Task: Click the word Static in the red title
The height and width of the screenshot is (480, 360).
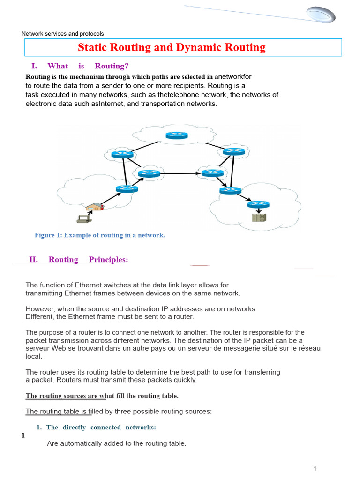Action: pyautogui.click(x=93, y=47)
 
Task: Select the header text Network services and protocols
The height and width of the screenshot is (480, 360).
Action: pyautogui.click(x=63, y=34)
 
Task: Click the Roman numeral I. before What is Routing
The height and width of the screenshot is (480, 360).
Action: pyautogui.click(x=34, y=66)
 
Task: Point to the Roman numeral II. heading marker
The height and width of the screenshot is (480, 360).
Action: pyautogui.click(x=33, y=259)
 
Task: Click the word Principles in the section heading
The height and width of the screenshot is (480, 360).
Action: pyautogui.click(x=108, y=259)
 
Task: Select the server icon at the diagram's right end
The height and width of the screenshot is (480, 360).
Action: pyautogui.click(x=259, y=217)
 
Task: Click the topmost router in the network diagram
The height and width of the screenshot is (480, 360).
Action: pyautogui.click(x=177, y=135)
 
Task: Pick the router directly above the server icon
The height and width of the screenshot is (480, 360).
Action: pyautogui.click(x=259, y=204)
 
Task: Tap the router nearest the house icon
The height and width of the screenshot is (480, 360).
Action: pyautogui.click(x=127, y=188)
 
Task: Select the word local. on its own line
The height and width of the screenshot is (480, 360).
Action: pyautogui.click(x=34, y=356)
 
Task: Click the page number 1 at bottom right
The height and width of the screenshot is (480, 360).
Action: pyautogui.click(x=315, y=468)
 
